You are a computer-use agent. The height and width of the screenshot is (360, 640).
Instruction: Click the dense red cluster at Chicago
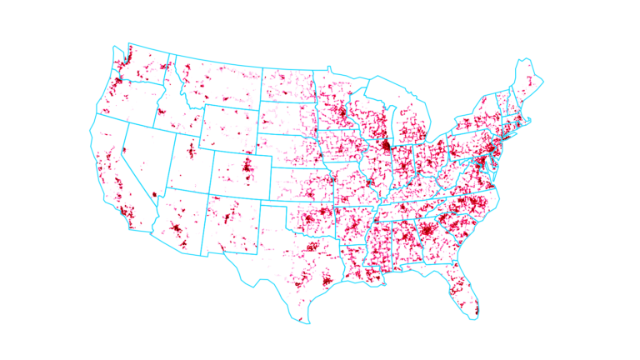386,146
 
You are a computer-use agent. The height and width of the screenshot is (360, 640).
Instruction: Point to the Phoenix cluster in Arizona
177,229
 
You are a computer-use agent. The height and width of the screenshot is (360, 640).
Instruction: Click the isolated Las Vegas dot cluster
154,195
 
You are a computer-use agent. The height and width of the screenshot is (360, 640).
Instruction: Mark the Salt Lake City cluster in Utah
191,151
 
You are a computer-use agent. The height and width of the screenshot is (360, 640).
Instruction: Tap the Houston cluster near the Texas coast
326,281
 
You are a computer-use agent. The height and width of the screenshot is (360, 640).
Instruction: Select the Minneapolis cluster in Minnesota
343,112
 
